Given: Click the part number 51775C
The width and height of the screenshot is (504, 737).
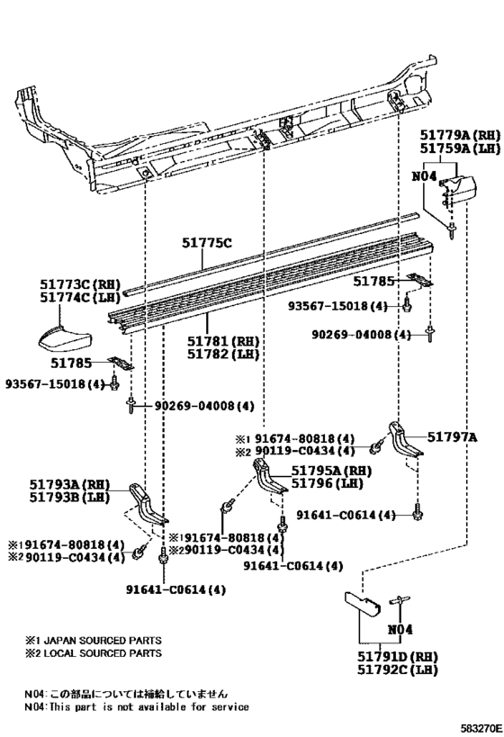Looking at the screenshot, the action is click(207, 244).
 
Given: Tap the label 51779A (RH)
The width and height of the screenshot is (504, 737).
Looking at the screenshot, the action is click(460, 136).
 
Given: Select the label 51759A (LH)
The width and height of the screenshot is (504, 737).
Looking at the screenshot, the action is click(460, 149).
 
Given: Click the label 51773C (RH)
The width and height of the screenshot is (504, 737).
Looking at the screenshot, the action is click(80, 284).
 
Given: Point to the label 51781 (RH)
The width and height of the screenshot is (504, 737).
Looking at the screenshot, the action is click(223, 341).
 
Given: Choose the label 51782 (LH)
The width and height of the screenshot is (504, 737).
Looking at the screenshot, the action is click(223, 354).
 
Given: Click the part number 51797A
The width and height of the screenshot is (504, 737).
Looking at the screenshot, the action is click(453, 437).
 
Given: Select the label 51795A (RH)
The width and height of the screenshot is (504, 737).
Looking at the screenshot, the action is click(331, 471).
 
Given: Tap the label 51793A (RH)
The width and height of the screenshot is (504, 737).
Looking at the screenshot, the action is click(69, 484).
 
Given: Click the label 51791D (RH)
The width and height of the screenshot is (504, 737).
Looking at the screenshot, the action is click(397, 657).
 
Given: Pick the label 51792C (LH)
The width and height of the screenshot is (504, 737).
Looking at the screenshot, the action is click(397, 670).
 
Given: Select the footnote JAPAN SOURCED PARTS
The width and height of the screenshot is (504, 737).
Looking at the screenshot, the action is click(103, 640).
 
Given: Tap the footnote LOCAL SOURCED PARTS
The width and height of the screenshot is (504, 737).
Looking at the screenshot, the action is click(103, 653).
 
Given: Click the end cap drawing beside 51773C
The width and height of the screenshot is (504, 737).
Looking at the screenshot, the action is click(65, 339).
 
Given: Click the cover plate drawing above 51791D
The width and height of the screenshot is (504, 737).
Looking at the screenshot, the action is click(363, 604).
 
